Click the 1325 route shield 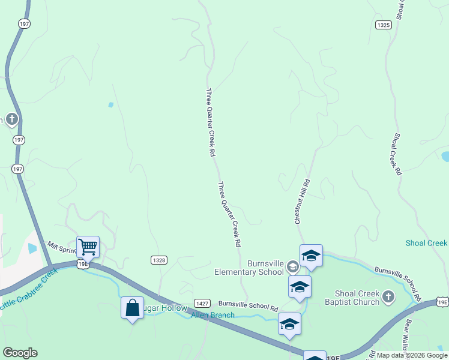click(x=384, y=25)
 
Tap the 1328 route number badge click(x=158, y=260)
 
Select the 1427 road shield click(x=202, y=304)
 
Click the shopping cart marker click(x=88, y=247)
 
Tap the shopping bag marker click(x=132, y=308)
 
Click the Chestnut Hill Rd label click(x=301, y=202)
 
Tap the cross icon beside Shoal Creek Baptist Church click(x=388, y=296)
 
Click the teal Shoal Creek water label click(x=426, y=243)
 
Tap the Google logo click(x=20, y=353)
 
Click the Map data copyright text click(x=412, y=355)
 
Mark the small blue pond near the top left click(x=110, y=105)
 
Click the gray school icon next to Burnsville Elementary click(x=292, y=266)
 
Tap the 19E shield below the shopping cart click(x=82, y=263)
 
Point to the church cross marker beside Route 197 click(x=11, y=119)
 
